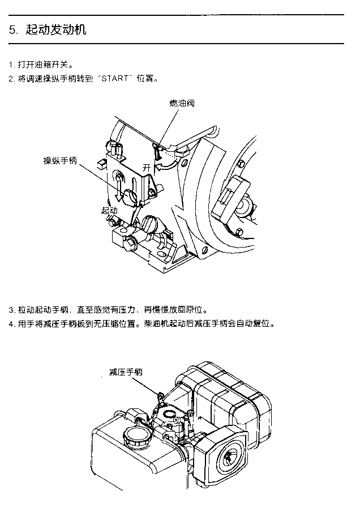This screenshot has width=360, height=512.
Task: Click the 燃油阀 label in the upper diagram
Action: click(183, 103)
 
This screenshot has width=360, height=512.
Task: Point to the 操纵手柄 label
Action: click(61, 160)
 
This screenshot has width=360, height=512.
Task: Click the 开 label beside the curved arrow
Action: click(147, 168)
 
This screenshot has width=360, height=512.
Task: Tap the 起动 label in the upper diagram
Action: click(109, 210)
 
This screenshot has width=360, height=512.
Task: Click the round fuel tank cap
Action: click(135, 437)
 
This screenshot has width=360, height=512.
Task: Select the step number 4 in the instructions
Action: click(11, 325)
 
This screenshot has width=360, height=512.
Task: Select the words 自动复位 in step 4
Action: click(259, 325)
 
